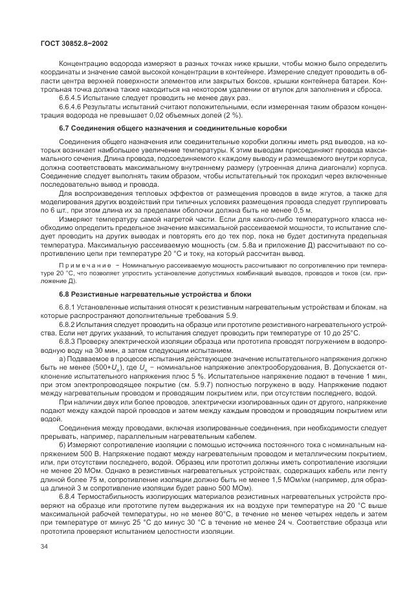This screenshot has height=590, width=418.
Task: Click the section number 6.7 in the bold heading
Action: click(x=65, y=129)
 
